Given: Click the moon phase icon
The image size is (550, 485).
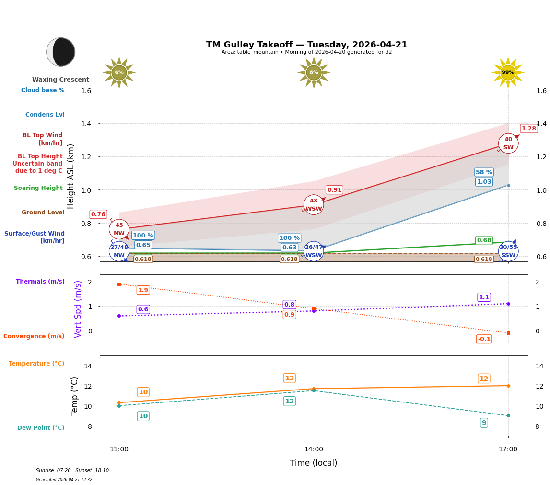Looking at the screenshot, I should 61,52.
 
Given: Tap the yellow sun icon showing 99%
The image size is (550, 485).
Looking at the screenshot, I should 508,72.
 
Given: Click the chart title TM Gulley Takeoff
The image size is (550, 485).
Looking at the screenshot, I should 306,45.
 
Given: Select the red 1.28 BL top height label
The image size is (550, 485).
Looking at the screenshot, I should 528,128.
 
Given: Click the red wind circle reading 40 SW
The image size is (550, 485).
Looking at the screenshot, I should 508,143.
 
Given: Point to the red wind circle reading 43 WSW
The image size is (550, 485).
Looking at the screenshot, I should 314,205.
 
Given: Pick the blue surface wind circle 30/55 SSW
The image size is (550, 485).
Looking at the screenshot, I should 508,251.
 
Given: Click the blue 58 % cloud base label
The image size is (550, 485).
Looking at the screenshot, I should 484,172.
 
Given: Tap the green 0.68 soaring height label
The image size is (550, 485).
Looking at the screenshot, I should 484,240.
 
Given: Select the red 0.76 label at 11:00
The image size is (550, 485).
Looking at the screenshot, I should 98,214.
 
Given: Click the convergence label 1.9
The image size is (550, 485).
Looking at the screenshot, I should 143,290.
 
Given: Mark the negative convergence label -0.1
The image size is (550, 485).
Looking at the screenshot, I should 484,339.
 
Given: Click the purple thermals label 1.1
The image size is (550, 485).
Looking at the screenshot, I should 484,297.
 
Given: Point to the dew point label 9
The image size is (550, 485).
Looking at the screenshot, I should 484,423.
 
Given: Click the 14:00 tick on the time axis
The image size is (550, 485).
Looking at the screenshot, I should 314,449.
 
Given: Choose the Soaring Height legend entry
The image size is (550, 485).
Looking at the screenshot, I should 38,188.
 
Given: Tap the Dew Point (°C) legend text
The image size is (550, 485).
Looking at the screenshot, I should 41,428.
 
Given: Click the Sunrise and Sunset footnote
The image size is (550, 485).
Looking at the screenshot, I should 72,471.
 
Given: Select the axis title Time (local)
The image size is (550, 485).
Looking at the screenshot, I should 314,463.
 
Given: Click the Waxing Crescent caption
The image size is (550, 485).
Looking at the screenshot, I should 60,80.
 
